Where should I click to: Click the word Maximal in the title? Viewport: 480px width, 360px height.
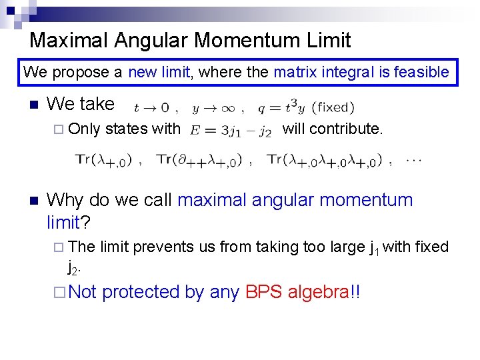69,40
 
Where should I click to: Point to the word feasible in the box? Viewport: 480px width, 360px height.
421,72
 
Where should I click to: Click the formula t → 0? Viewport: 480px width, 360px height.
152,107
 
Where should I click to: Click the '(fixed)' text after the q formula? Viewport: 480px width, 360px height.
333,107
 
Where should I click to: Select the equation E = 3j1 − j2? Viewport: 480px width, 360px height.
231,130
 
